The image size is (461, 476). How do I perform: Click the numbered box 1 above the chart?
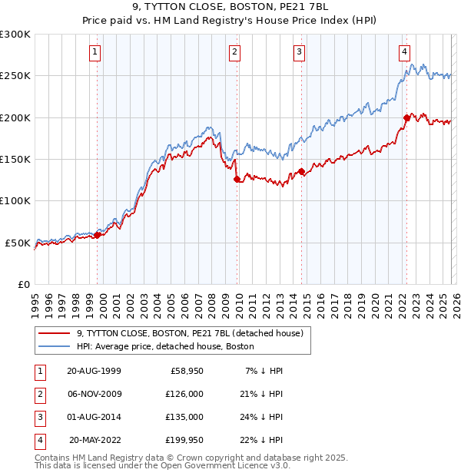point(95,52)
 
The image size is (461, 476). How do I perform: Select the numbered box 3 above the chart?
point(299,52)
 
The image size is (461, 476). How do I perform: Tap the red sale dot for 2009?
point(237,179)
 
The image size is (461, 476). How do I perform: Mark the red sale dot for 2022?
point(406,118)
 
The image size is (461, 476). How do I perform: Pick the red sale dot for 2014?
point(302,171)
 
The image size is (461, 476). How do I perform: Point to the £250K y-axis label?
point(16,76)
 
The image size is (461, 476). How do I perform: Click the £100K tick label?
point(16,200)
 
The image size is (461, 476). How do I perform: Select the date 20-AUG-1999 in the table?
point(94,371)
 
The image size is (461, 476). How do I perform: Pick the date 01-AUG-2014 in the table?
point(94,417)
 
